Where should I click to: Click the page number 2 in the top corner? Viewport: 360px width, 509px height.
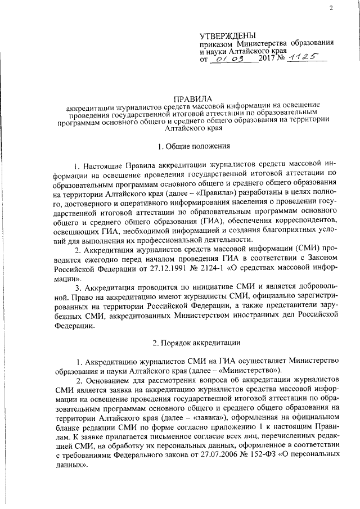(x=331, y=8)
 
